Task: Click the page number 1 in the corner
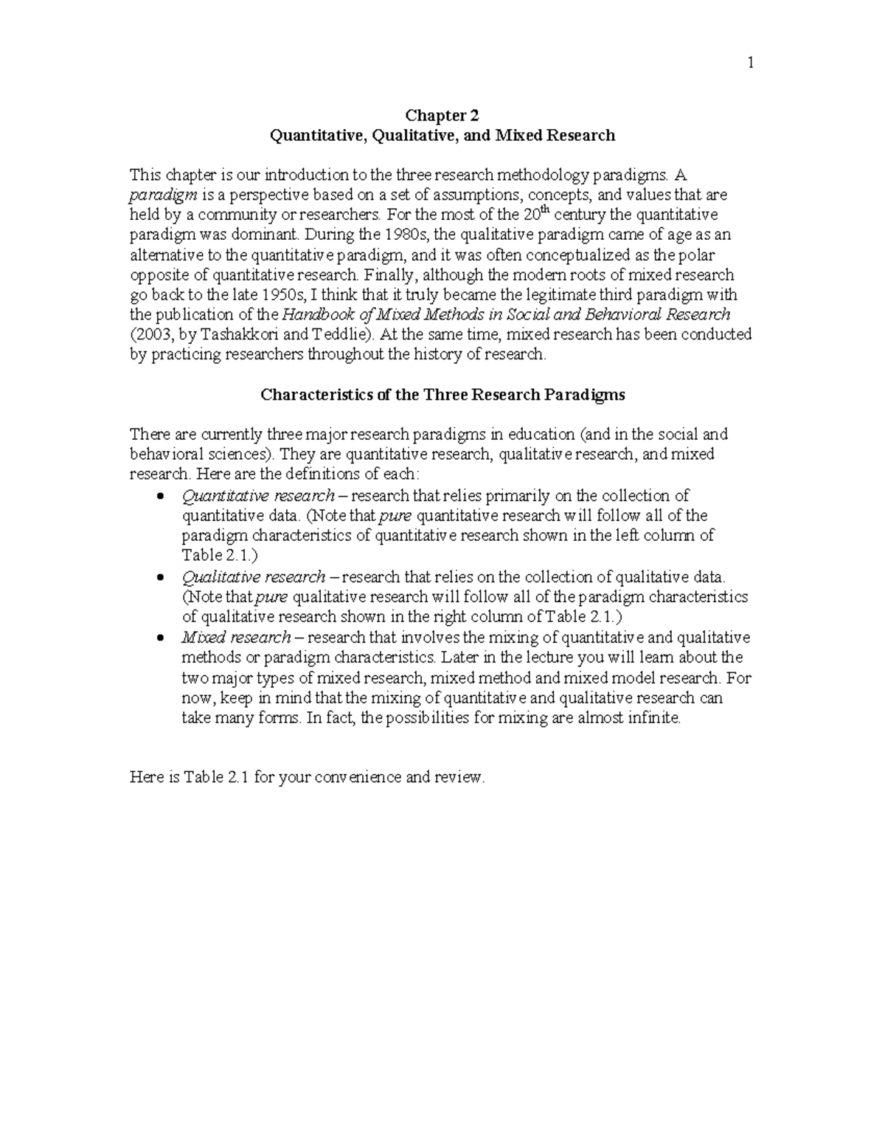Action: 750,64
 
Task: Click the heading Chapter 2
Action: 442,115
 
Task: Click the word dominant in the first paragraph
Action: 265,235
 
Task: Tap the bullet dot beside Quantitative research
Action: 161,497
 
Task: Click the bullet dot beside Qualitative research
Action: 161,578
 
